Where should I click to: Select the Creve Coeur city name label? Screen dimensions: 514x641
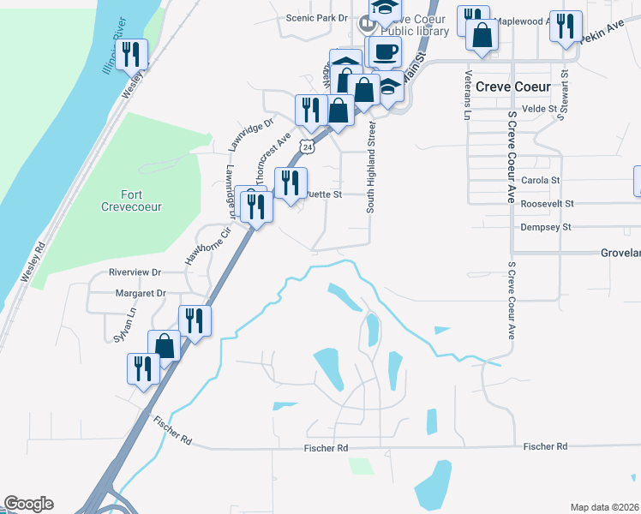coord(524,87)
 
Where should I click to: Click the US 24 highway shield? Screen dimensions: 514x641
coord(308,147)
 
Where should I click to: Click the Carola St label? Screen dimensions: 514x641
coord(540,181)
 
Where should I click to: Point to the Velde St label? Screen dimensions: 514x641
coord(540,109)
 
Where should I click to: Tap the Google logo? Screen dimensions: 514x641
coord(28,504)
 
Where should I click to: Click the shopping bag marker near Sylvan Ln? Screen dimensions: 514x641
coord(165,346)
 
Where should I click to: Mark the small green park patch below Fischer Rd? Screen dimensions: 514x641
coord(361,466)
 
